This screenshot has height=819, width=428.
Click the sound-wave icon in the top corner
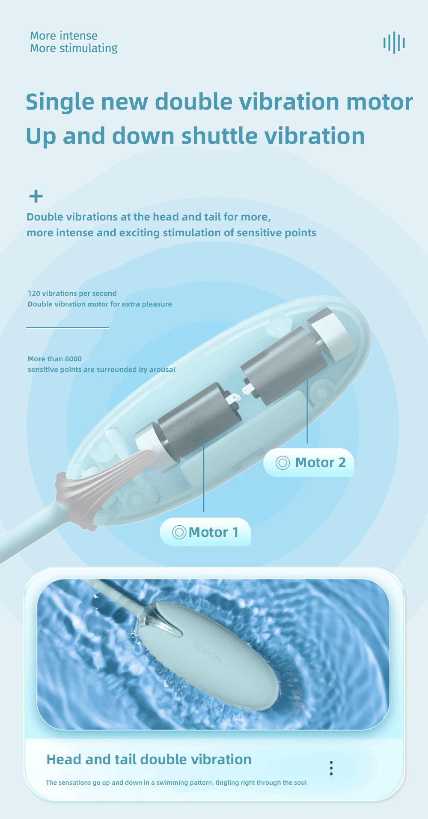pos(394,43)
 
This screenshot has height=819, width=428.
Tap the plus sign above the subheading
pos(36,197)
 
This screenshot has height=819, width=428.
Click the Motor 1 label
pos(205,532)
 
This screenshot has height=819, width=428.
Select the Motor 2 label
pos(309,462)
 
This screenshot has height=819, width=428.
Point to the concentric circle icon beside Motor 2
pos(282,463)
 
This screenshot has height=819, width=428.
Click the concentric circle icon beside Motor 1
pos(179,532)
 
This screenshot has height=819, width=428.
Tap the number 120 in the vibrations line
pos(34,293)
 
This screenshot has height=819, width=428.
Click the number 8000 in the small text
pos(73,359)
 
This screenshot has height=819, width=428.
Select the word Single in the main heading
pos(60,103)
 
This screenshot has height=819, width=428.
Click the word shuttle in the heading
pos(220,136)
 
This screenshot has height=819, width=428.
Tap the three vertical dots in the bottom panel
pos(331,768)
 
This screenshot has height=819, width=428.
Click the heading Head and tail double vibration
pos(149,759)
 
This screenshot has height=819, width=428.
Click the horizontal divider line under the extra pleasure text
pos(68,328)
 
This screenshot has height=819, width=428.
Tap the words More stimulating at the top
pos(74,48)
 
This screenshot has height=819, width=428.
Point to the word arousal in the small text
pos(162,369)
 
